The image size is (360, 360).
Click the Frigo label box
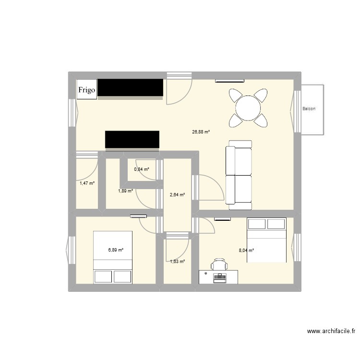[x=87, y=89]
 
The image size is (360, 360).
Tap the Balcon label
[x=309, y=109]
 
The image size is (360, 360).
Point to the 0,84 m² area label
[x=142, y=169]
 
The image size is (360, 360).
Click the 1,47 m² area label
[x=87, y=183]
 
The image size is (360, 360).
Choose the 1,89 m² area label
[x=125, y=191]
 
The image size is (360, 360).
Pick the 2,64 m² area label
[x=177, y=194]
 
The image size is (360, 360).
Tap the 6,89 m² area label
[x=116, y=250]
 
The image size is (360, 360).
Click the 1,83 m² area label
[x=177, y=261]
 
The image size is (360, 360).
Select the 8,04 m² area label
[x=246, y=250]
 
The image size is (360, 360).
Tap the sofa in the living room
[x=239, y=175]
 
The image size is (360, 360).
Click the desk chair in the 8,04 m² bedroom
[x=219, y=264]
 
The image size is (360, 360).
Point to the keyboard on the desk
[x=220, y=276]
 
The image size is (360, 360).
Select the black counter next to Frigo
[x=131, y=88]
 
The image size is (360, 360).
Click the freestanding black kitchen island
[x=132, y=140]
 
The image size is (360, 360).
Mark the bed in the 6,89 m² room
[x=113, y=257]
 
